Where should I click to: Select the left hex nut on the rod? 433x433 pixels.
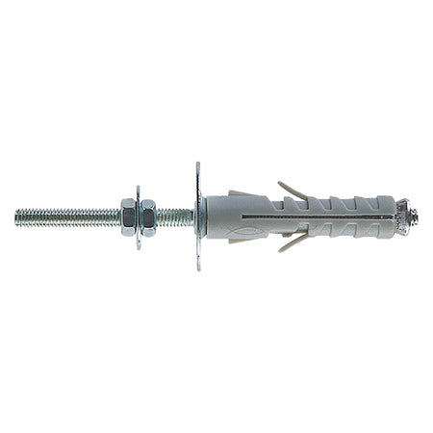click(127, 216)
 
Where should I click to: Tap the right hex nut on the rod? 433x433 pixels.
click(148, 216)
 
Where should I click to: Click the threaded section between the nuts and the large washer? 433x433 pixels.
click(173, 216)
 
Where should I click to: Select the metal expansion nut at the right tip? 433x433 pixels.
click(409, 216)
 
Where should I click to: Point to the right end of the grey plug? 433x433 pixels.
click(395, 216)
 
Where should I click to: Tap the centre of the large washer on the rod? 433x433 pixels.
click(198, 216)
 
